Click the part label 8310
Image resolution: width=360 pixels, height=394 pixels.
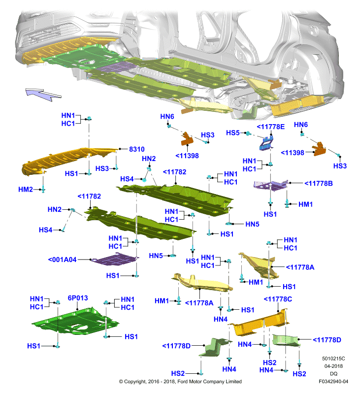tap(137, 149)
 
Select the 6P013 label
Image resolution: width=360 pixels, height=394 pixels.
tap(78, 298)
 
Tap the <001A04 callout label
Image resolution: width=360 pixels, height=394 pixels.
tap(62, 260)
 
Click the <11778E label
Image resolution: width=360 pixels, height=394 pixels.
tap(270, 127)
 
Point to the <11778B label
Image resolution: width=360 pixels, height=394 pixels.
tap(319, 183)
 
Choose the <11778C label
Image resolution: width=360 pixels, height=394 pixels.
tap(278, 299)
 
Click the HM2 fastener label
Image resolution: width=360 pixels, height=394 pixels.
tap(26, 190)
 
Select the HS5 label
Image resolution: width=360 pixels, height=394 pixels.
tap(232, 132)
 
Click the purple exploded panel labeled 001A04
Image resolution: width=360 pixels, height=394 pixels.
tap(115, 260)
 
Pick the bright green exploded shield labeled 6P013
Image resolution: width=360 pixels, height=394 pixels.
tap(75, 322)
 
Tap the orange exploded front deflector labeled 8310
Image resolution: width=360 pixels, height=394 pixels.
tap(68, 160)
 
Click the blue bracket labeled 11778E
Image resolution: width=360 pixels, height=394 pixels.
tap(266, 143)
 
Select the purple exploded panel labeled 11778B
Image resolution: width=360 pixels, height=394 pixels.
tap(270, 185)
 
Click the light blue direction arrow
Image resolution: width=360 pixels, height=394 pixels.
tap(43, 94)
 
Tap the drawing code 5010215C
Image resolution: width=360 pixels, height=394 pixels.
tap(333, 359)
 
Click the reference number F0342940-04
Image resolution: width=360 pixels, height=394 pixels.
tap(333, 381)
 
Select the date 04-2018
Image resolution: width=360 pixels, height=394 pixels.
tap(333, 366)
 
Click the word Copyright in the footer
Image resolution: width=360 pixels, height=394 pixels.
tap(135, 382)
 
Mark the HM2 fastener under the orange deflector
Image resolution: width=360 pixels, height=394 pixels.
tap(43, 189)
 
